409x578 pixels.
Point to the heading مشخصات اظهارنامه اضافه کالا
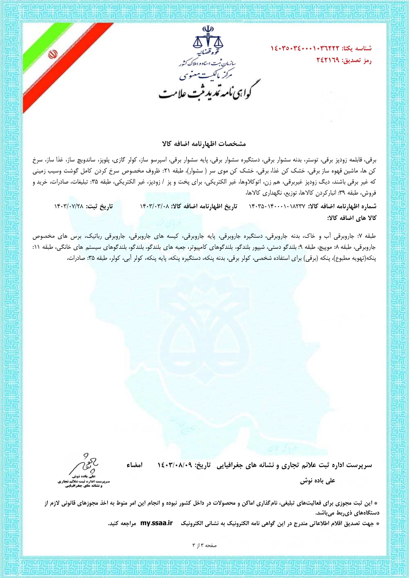click(205, 144)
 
